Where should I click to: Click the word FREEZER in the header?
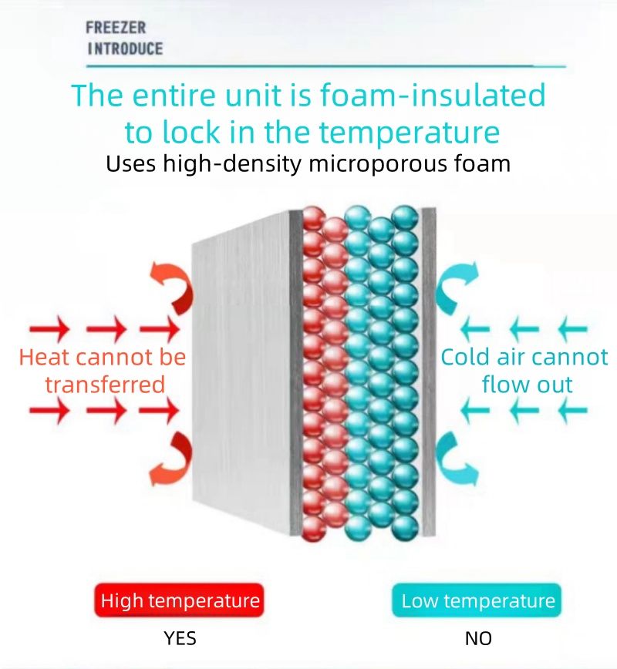pos(116,29)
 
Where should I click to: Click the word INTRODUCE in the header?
pos(124,49)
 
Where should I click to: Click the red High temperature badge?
pos(180,601)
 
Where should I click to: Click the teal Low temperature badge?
pos(478,601)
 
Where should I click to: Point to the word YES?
pos(180,638)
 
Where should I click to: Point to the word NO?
pos(478,638)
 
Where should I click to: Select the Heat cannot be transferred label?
pos(103,371)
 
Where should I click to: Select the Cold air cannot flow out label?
pos(524,371)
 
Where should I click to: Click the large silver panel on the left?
pos(243,370)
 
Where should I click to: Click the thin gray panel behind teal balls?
pos(428,370)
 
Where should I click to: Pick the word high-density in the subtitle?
pos(214,163)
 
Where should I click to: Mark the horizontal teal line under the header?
pos(324,67)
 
